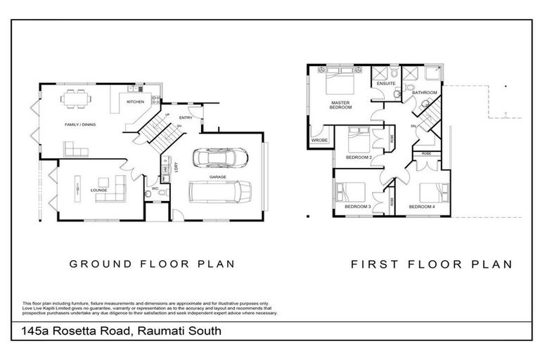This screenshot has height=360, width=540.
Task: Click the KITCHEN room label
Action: pos(135,102)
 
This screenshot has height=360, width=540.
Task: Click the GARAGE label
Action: pos(218,177)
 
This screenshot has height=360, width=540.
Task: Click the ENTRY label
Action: pos(186,117)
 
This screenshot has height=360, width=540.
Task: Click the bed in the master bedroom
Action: pos(342,88)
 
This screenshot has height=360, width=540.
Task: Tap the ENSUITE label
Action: pos(386,84)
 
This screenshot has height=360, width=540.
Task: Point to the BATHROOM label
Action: pos(425,93)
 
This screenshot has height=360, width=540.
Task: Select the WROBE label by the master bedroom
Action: pos(320,140)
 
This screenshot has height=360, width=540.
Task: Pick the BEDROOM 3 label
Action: pos(357,207)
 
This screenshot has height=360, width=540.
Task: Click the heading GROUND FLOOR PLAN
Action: pos(150,264)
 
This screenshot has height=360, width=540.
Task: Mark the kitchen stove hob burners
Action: pos(134,92)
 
